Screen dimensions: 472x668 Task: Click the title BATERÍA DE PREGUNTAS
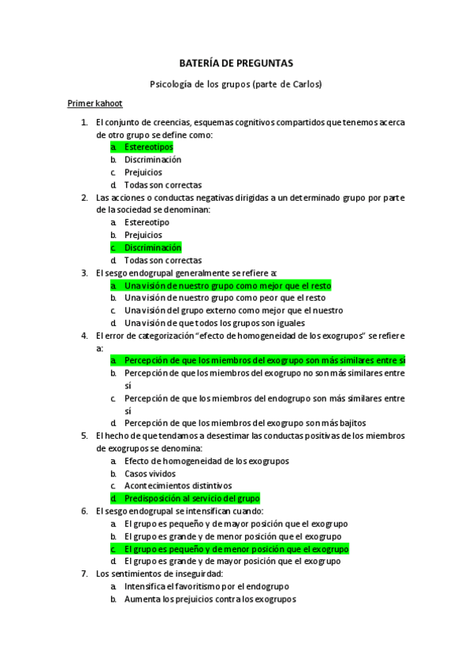236,63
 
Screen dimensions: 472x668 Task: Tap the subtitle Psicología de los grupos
236,83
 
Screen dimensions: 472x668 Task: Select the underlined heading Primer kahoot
95,103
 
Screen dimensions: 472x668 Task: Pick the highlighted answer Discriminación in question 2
152,247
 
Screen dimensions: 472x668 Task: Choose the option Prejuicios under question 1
143,173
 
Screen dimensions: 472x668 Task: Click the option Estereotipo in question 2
146,222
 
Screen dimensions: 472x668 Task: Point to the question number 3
84,273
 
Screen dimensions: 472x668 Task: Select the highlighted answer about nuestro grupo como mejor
228,285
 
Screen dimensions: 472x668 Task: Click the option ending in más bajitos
245,423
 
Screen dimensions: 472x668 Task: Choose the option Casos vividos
150,473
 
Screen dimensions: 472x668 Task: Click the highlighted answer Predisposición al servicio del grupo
191,499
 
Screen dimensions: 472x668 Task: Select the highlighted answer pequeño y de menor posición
236,549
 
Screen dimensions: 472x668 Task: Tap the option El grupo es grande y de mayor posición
232,562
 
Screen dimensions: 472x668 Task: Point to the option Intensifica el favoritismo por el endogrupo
206,587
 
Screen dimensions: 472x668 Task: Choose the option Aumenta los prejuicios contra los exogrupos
210,599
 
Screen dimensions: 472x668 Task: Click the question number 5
84,436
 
